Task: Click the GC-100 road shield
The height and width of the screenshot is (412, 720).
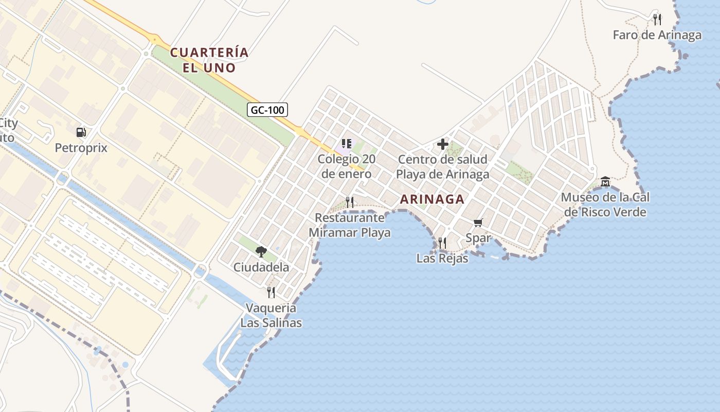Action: coord(267,110)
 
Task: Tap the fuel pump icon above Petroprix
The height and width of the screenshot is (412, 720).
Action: coord(81,132)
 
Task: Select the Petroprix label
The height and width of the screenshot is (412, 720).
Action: coord(81,148)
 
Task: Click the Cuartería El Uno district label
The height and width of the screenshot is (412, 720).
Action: coord(209,60)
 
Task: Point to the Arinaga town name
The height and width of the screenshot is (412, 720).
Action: coord(432,199)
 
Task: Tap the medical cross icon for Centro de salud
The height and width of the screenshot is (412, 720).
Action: coord(442,144)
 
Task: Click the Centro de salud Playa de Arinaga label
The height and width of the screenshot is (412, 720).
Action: coord(442,167)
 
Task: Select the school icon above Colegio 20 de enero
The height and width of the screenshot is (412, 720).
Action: coord(347,144)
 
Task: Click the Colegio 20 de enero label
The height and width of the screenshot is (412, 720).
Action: coord(347,166)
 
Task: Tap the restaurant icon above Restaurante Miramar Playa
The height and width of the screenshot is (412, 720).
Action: coord(350,202)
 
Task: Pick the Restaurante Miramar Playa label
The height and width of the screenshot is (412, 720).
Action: coord(350,225)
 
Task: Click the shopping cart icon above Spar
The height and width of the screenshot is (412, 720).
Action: coord(478,222)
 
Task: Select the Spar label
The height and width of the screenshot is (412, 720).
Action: coord(478,238)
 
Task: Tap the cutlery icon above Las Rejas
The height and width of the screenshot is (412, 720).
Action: coord(442,243)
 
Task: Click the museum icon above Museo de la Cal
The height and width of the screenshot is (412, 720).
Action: coord(605,181)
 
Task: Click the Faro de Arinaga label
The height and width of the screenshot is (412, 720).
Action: coord(657,35)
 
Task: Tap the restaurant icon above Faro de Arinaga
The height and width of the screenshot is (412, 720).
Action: coord(657,20)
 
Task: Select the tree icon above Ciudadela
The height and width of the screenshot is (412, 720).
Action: coord(261,251)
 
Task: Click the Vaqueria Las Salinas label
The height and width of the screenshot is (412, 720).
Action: coord(271,315)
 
